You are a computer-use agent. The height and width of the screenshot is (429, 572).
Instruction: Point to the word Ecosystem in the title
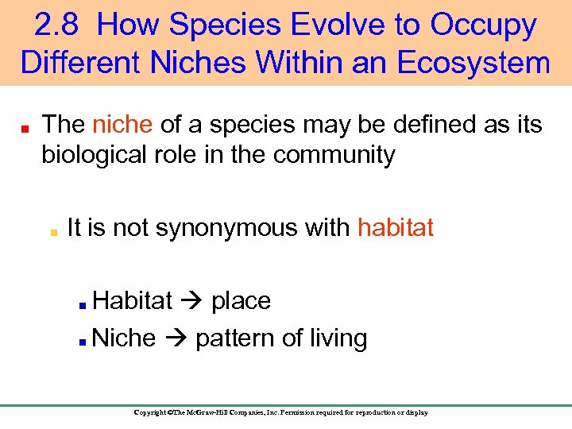point(471,62)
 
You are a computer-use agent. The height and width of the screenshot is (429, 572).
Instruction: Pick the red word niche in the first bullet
point(122,125)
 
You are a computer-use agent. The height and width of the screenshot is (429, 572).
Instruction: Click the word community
point(334,155)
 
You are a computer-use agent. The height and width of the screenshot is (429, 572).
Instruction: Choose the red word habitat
point(396,228)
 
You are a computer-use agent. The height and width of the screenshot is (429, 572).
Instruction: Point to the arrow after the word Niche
point(175,338)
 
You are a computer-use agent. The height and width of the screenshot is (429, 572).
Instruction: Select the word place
point(241,301)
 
